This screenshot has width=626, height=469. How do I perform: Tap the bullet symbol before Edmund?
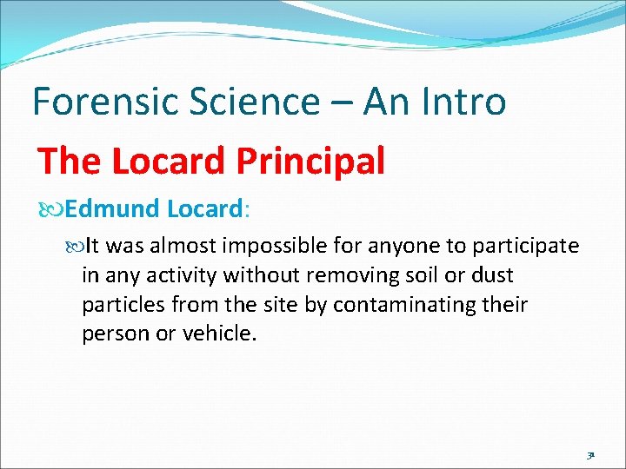point(54,209)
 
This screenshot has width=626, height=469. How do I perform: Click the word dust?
point(493,276)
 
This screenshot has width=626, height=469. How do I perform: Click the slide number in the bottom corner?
point(589,453)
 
